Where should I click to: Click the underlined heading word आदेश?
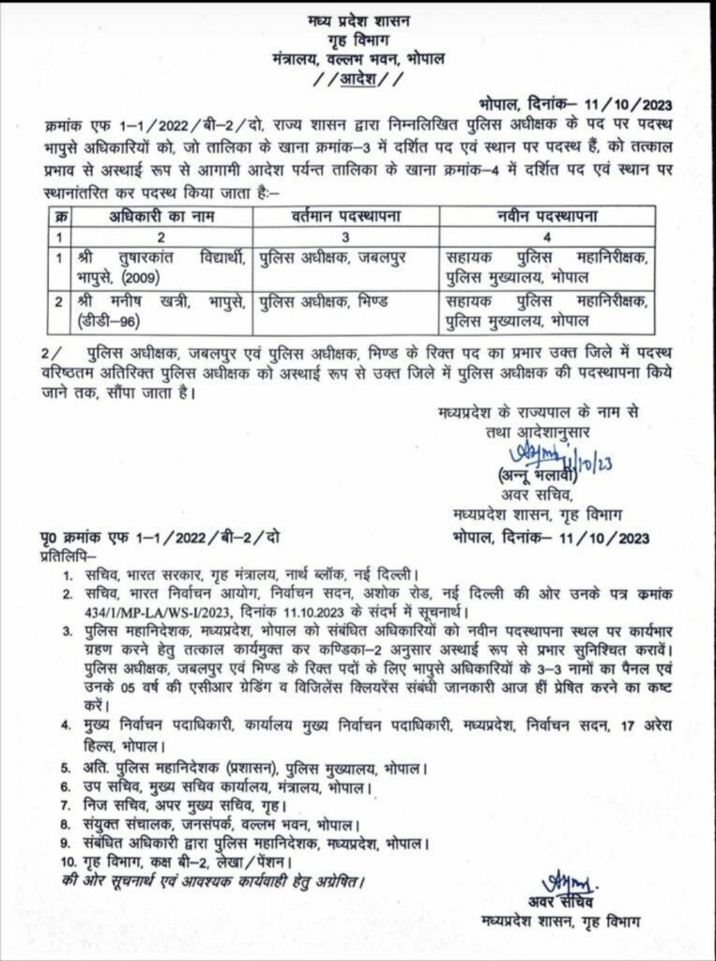(360, 79)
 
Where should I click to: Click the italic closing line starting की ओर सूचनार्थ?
(206, 882)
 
